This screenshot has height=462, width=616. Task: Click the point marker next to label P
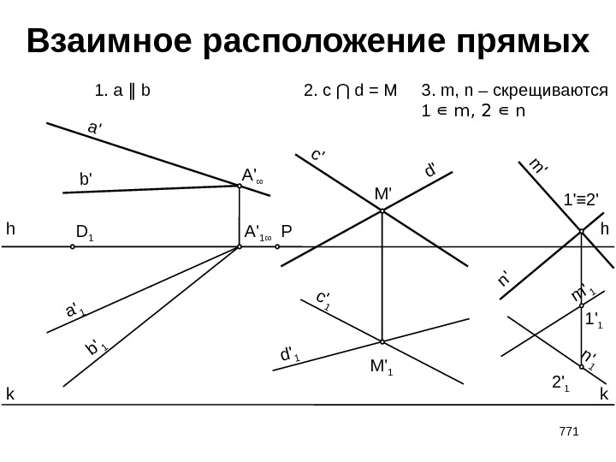[x=277, y=246]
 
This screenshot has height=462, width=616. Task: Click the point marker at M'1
[x=382, y=341]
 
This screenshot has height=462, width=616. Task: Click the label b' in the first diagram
[x=86, y=181]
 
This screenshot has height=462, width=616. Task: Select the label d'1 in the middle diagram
[x=290, y=352]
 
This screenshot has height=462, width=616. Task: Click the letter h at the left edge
[x=10, y=229]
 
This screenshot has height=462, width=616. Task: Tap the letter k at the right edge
[x=603, y=394]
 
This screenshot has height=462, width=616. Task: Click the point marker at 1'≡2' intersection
[x=582, y=231]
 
